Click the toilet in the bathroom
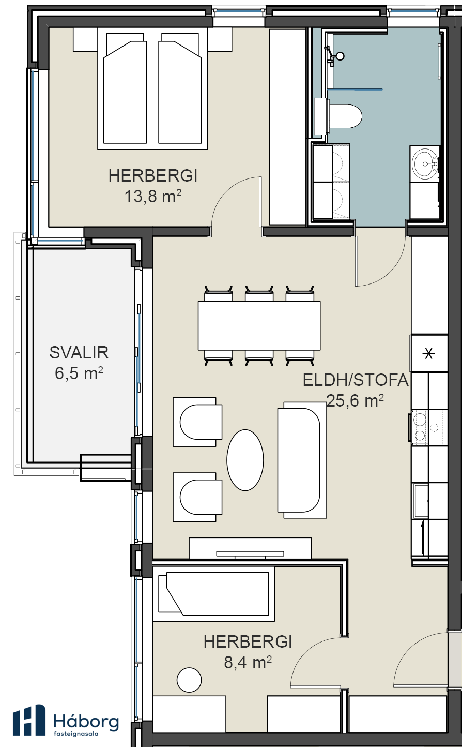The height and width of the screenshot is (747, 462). pyautogui.click(x=344, y=116)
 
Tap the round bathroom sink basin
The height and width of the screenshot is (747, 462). pyautogui.click(x=425, y=164)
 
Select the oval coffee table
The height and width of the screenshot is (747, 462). pyautogui.click(x=245, y=460)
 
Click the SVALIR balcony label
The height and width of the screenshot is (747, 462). pyautogui.click(x=79, y=353)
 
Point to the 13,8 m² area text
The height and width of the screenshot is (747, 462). pyautogui.click(x=153, y=196)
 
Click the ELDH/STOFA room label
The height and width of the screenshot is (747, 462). pyautogui.click(x=356, y=380)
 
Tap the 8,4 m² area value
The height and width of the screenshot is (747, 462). pyautogui.click(x=248, y=662)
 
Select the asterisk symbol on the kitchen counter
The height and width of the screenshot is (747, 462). pyautogui.click(x=429, y=353)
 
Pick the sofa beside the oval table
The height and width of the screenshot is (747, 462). pyautogui.click(x=302, y=460)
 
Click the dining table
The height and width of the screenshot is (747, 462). pyautogui.click(x=259, y=325)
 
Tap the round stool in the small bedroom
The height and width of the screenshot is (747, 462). pyautogui.click(x=189, y=680)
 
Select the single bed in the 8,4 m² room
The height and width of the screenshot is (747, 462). pyautogui.click(x=213, y=593)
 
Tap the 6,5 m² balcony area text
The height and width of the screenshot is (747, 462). pyautogui.click(x=79, y=373)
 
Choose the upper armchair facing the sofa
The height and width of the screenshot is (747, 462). pyautogui.click(x=197, y=422)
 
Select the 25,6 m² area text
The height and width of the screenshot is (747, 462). pyautogui.click(x=355, y=400)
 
